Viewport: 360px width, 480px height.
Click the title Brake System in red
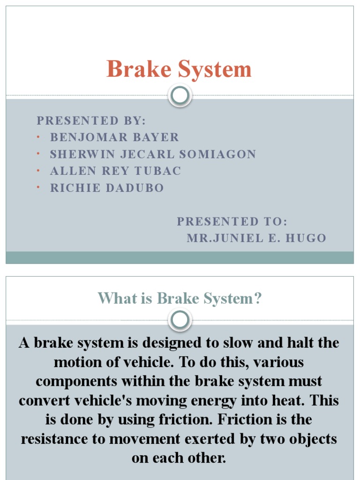point(179,69)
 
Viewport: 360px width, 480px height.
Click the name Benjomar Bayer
point(114,137)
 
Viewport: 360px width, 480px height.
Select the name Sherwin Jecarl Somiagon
point(153,154)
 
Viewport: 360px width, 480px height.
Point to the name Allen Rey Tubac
point(115,171)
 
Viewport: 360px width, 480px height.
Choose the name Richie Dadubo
point(107,188)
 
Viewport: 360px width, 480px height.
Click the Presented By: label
point(91,120)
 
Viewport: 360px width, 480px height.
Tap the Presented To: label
point(232,221)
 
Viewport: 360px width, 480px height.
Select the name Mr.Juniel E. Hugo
point(256,238)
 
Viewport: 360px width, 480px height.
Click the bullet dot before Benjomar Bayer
point(38,137)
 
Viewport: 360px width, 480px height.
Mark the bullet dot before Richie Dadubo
point(38,188)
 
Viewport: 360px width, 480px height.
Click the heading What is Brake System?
point(179,299)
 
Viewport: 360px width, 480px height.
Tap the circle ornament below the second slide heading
point(180,320)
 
